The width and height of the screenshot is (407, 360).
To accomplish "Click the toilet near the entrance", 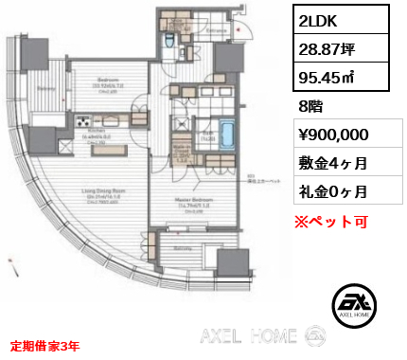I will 166,40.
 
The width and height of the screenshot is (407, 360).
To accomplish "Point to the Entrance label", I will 213,29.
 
